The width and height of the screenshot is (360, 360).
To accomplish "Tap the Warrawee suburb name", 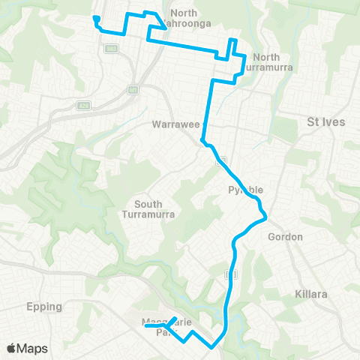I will tap(173, 123).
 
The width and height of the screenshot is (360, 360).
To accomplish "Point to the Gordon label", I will tap(285, 237).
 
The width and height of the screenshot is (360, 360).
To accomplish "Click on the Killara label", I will tap(311, 295).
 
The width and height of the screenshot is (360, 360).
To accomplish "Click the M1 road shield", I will tap(133, 90).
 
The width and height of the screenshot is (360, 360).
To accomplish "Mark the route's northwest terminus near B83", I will tap(96, 19).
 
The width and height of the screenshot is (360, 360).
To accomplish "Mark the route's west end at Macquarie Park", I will tap(145, 326).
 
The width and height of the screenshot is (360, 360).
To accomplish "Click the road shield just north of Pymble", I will tap(221, 160).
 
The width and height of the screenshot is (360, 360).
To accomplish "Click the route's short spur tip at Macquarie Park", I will tap(175, 318).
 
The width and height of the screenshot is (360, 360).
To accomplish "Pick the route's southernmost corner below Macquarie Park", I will tap(212, 347).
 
